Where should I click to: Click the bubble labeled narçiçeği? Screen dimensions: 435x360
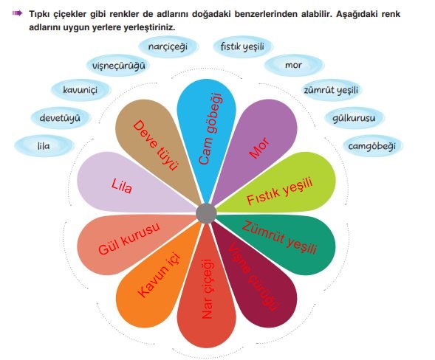pos(168,46)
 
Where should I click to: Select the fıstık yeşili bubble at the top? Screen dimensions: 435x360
pos(242,46)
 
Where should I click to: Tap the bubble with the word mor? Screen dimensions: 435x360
pos(294,66)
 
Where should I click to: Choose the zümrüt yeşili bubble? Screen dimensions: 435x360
pos(332,90)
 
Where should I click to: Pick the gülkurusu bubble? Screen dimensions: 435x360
pos(354,118)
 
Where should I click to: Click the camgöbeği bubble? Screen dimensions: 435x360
pos(372,146)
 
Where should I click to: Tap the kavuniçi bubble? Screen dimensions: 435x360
pos(81,90)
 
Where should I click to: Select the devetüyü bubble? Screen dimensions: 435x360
pos(60,118)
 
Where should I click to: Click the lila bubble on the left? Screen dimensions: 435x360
pos(44,146)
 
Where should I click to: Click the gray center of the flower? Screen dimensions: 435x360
pos(206,213)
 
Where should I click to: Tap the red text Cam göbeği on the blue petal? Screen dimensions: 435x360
pos(210,129)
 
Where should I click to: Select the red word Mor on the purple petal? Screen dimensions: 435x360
pos(259,148)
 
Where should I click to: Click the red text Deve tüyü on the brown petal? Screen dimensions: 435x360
pos(155,145)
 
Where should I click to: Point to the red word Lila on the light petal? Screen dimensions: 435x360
pos(122,186)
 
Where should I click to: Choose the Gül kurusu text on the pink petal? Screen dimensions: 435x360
pos(129,238)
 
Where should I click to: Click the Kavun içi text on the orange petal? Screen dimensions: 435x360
pos(159,274)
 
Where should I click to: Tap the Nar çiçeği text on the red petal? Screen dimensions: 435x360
pos(208,289)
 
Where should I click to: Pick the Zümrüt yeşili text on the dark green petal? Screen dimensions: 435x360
pos(279,238)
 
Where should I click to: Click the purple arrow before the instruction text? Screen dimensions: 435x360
pos(17,13)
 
